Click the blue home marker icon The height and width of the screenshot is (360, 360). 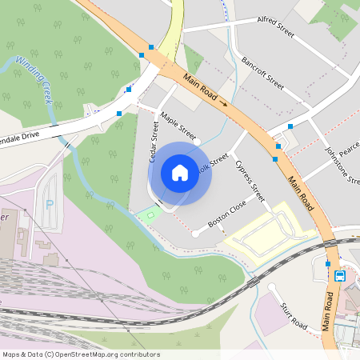(180, 173)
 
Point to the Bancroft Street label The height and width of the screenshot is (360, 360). (262, 72)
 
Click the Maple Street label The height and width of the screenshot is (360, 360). (178, 126)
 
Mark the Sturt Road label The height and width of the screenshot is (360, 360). (294, 316)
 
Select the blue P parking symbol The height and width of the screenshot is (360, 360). (50, 204)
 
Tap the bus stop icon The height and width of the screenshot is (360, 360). (340, 277)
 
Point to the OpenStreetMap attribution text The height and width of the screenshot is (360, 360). (81, 354)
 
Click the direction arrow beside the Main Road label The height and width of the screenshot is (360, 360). (223, 103)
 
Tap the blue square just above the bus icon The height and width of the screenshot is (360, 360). (328, 263)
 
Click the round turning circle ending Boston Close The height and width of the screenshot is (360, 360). (194, 233)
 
